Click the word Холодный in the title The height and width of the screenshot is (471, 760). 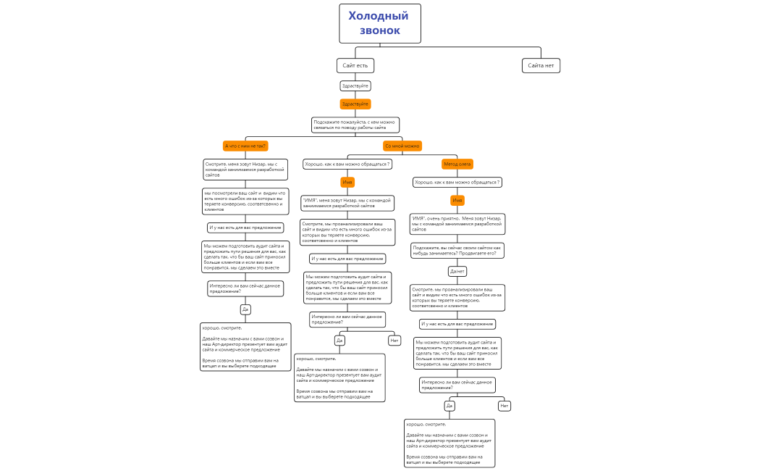pyautogui.click(x=379, y=16)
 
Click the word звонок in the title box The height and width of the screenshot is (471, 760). pyautogui.click(x=380, y=30)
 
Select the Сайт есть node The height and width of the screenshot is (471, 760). pyautogui.click(x=355, y=65)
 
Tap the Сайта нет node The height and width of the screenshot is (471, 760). pyautogui.click(x=541, y=65)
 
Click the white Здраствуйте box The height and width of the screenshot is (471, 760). pyautogui.click(x=355, y=86)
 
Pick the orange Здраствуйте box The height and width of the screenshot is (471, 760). pyautogui.click(x=355, y=104)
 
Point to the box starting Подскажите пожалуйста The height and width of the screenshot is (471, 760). pyautogui.click(x=355, y=125)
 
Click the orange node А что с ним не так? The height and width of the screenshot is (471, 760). pyautogui.click(x=246, y=146)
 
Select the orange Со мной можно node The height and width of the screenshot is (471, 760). pyautogui.click(x=402, y=146)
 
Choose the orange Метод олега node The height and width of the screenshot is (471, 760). pyautogui.click(x=457, y=164)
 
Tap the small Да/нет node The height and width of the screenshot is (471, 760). pyautogui.click(x=457, y=271)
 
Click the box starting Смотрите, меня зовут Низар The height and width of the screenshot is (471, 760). pyautogui.click(x=245, y=169)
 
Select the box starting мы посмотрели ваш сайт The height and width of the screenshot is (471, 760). pyautogui.click(x=245, y=201)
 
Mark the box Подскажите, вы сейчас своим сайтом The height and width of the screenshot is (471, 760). pyautogui.click(x=457, y=250)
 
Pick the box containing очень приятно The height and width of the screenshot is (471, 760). pyautogui.click(x=457, y=223)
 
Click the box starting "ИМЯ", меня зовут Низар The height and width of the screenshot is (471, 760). pyautogui.click(x=347, y=203)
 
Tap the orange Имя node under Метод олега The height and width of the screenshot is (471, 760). pyautogui.click(x=457, y=200)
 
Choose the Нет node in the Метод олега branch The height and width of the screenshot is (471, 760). pyautogui.click(x=504, y=405)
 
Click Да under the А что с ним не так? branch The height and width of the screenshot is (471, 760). pyautogui.click(x=245, y=309)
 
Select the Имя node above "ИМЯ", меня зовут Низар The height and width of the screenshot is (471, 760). pyautogui.click(x=347, y=182)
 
